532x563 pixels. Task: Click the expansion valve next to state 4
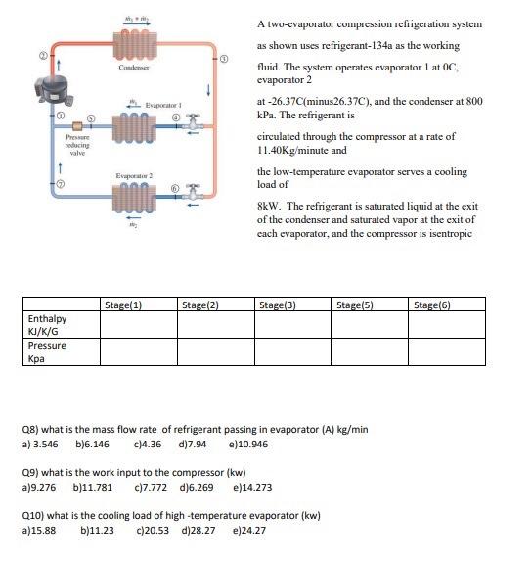[196, 125]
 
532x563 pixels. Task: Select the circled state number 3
[224, 61]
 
